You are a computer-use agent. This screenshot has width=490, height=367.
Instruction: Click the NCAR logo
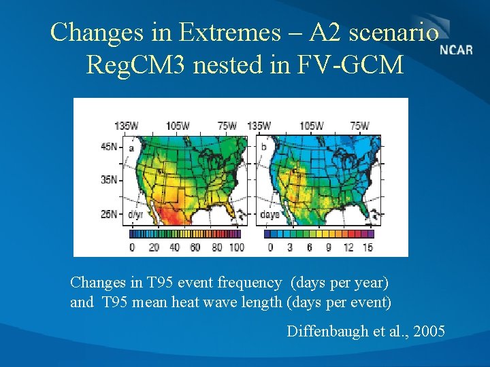pyautogui.click(x=456, y=50)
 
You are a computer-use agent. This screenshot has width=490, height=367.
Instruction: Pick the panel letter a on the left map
pyautogui.click(x=131, y=146)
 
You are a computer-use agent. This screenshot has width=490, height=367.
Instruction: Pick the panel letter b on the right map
pyautogui.click(x=264, y=146)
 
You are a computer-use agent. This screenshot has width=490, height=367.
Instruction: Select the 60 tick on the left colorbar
pyautogui.click(x=195, y=247)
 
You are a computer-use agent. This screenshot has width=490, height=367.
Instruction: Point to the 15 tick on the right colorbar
pyautogui.click(x=367, y=247)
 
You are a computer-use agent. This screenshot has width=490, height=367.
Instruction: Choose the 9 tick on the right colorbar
pyautogui.click(x=329, y=247)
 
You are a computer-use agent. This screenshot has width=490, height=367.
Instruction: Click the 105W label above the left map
pyautogui.click(x=179, y=126)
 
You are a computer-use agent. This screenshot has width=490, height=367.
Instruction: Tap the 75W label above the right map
pyautogui.click(x=359, y=126)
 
